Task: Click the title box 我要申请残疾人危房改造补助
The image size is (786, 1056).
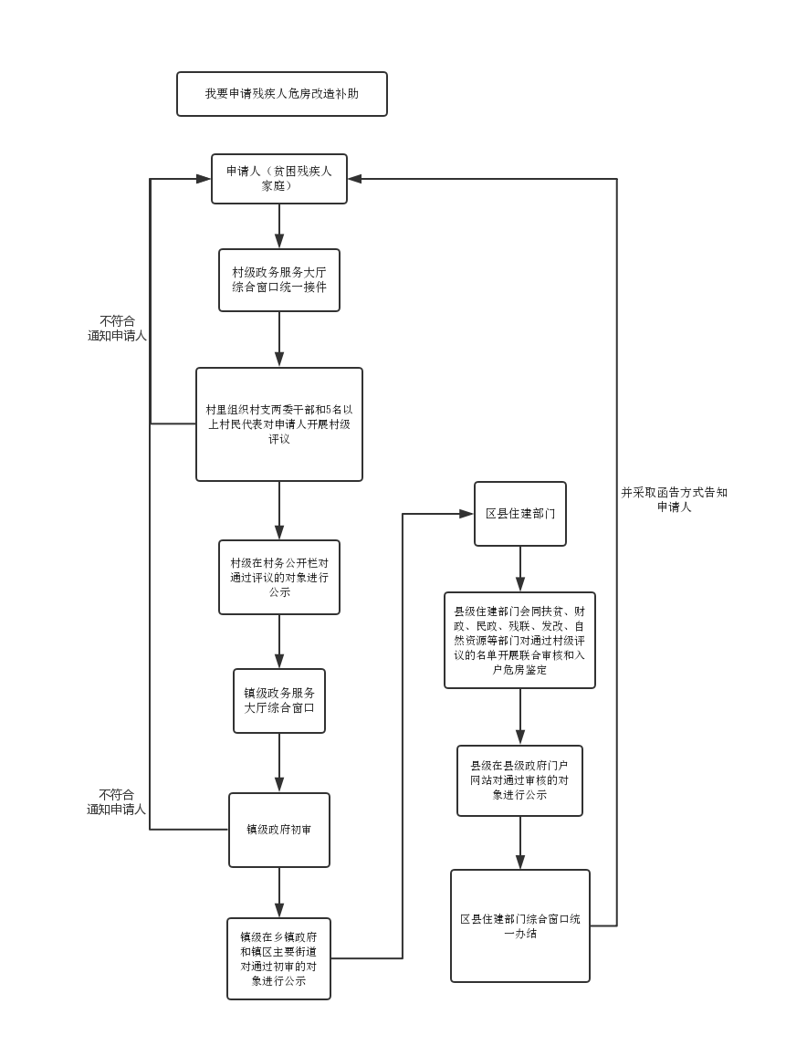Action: pos(281,94)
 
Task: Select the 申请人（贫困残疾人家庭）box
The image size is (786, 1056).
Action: pos(279,178)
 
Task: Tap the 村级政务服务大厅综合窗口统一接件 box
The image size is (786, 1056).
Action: pos(279,280)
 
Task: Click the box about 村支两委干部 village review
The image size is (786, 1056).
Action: pos(279,424)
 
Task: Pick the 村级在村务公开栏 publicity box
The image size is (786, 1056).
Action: pos(279,577)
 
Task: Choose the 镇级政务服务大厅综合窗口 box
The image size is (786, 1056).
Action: pos(279,700)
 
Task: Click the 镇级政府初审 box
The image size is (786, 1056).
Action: pos(279,830)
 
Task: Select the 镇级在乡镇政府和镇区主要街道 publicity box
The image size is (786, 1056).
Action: pos(279,958)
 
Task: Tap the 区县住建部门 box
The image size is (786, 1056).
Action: pos(520,514)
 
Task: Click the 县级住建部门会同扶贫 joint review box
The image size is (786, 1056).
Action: pos(520,640)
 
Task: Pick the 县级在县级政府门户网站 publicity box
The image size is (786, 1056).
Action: pos(520,780)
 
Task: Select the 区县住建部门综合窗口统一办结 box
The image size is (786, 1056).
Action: pos(520,925)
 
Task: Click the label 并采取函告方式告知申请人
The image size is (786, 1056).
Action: pos(674,499)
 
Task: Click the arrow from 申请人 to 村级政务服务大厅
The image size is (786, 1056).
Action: pos(279,226)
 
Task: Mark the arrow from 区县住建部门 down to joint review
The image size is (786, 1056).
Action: pos(520,570)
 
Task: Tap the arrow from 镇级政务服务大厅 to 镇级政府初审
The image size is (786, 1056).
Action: pos(279,763)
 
